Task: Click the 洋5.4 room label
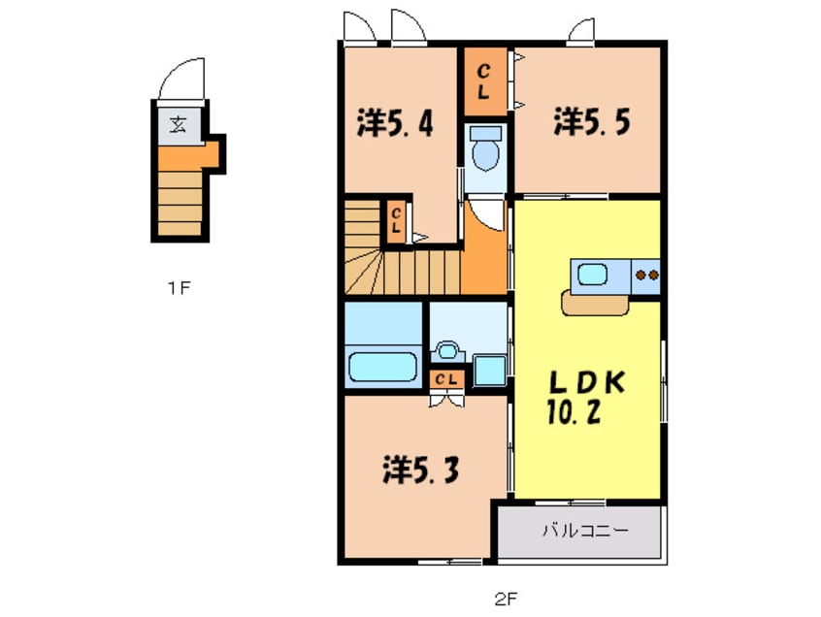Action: [x=395, y=123]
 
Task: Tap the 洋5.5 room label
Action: [x=592, y=121]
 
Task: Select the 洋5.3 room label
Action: [x=421, y=470]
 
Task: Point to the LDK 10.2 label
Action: [x=586, y=397]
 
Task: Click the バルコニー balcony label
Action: [x=585, y=532]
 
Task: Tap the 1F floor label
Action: [x=180, y=287]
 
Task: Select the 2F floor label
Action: [x=506, y=599]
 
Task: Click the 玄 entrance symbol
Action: [x=179, y=124]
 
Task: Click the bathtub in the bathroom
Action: [x=382, y=367]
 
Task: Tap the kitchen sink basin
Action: [x=593, y=275]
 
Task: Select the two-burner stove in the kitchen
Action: [x=646, y=276]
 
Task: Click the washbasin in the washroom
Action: [x=446, y=350]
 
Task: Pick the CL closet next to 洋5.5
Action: [x=485, y=81]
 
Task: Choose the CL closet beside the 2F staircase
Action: [x=396, y=221]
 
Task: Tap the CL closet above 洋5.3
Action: [x=446, y=379]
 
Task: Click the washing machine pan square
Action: [x=489, y=371]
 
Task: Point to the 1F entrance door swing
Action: [x=181, y=79]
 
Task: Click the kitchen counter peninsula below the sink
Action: [x=595, y=304]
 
